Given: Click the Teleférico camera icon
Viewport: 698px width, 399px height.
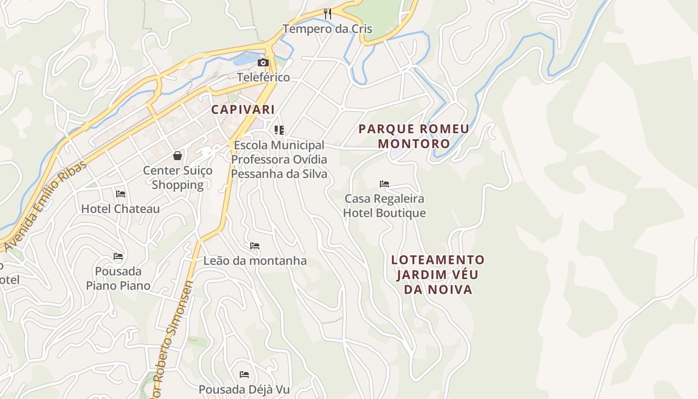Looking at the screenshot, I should (263, 62).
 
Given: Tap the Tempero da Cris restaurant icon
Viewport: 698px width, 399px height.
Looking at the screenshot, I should (328, 13).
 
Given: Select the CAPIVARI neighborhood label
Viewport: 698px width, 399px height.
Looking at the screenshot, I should (243, 109).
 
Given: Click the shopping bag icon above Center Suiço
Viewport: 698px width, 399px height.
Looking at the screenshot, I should (177, 156).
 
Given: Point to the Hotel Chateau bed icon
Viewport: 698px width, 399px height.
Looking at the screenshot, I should (120, 194).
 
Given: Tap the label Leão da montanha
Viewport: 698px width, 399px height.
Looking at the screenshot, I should (255, 261).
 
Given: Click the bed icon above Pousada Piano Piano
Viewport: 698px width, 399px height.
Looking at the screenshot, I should (118, 256).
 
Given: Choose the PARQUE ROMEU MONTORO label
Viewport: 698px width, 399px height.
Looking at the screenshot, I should (414, 136).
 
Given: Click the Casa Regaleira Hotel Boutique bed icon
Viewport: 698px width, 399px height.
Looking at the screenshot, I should (384, 184).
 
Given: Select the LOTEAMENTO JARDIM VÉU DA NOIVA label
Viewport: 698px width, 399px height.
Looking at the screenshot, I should (438, 274).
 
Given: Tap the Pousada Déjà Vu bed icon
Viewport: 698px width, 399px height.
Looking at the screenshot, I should (244, 374).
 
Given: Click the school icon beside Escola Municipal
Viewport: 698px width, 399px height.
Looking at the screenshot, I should (279, 130).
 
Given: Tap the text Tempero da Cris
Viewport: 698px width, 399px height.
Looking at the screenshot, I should (328, 29).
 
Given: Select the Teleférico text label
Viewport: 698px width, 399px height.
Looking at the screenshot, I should (263, 77).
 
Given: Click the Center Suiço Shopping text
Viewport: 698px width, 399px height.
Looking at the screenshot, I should (177, 178).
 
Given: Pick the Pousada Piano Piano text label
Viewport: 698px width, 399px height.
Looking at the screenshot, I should (118, 278).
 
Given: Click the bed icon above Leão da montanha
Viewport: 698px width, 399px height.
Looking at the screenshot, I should (255, 246).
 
